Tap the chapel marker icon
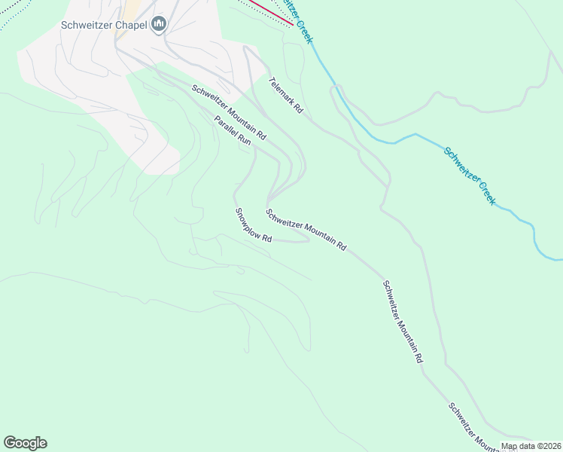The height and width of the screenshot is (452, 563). coord(159,26)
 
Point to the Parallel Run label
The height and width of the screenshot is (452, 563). coord(232,130)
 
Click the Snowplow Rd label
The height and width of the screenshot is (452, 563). coord(253,225)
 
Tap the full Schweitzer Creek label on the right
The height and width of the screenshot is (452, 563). coord(469,176)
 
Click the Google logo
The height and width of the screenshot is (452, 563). coord(25,443)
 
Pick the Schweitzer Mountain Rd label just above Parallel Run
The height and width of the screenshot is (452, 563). coord(229,112)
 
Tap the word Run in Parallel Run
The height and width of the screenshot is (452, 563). coord(243,139)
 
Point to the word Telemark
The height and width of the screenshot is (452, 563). coord(280,91)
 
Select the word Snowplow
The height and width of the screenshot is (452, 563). coord(248,221)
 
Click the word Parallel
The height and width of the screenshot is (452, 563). coord(226,125)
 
